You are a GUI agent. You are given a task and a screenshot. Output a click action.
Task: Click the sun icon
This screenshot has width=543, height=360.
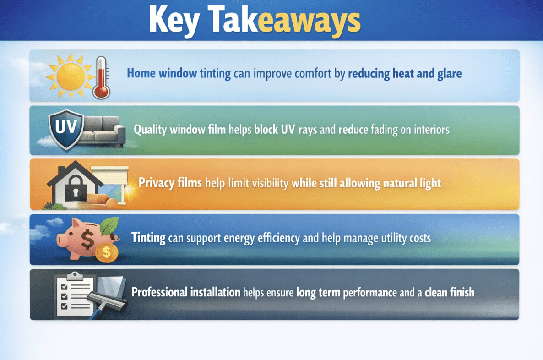tap(70, 76)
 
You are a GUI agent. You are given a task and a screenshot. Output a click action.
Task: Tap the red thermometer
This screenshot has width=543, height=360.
tap(101, 78)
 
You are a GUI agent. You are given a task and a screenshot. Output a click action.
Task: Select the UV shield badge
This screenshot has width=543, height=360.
tap(66, 129)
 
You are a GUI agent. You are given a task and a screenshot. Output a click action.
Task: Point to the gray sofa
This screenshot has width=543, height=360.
tap(105, 131)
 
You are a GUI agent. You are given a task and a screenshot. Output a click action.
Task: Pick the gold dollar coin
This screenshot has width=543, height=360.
tap(107, 252)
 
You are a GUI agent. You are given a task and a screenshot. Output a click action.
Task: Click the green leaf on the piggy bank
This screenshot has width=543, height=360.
tap(109, 226)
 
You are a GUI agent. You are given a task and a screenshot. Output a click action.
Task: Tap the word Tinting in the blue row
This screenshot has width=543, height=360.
tap(148, 238)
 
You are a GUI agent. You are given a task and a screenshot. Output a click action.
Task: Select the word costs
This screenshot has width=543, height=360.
tap(418, 238)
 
